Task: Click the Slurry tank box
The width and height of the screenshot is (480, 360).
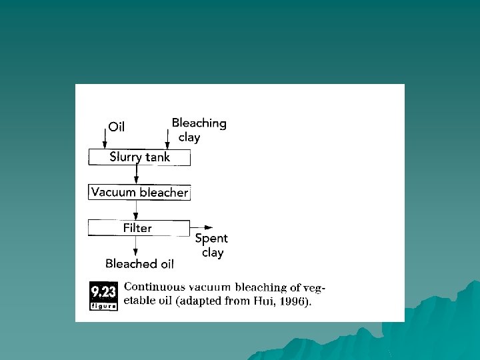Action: coord(139,157)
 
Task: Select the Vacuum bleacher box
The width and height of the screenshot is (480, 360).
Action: coord(139,193)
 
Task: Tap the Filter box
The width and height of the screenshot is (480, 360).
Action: coord(139,228)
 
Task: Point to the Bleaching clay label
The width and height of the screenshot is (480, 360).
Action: coord(198,130)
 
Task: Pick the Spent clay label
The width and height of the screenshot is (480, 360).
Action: coord(211,245)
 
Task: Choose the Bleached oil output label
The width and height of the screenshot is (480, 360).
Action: coord(139,264)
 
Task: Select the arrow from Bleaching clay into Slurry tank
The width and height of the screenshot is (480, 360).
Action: coord(167,139)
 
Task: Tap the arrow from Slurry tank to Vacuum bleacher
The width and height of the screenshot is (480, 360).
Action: coord(137,175)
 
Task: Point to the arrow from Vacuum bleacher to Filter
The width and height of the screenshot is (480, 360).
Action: coord(136,210)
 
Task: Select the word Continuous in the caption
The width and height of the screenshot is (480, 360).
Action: coord(154,287)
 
